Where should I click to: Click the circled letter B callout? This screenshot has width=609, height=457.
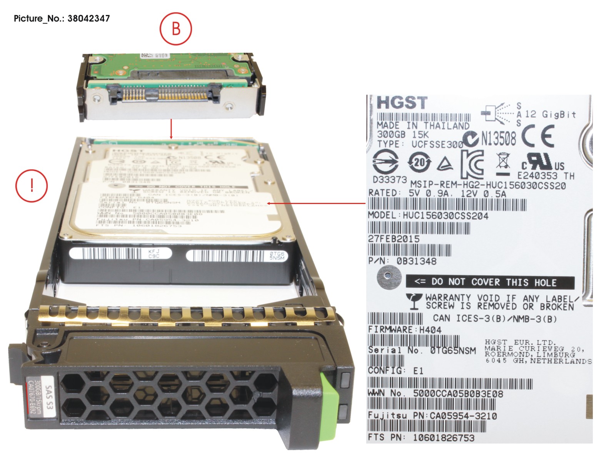[176, 29]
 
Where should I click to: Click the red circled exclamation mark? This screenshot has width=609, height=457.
[32, 186]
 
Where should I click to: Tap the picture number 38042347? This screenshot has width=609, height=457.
[88, 18]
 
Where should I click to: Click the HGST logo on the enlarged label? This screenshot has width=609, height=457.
[402, 103]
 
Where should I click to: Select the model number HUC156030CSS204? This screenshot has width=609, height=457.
[445, 216]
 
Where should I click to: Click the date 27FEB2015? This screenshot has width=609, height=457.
[394, 239]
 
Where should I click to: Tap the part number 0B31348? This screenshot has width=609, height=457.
[416, 261]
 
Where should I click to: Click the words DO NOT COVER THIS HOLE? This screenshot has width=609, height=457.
[494, 282]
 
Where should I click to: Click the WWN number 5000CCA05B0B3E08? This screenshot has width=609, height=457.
[458, 393]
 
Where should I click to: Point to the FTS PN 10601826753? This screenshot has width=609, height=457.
[443, 438]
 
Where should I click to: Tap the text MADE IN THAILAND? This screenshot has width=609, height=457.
[423, 126]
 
